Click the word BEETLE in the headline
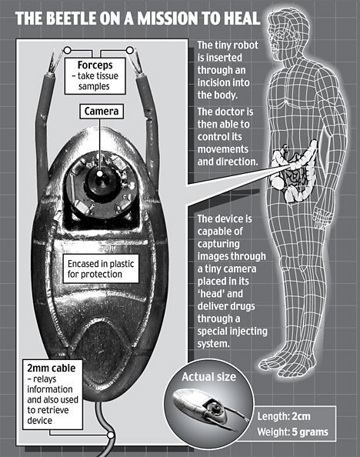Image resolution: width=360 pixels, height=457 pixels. click(x=71, y=18)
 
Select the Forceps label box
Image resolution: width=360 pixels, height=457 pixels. click(x=95, y=75)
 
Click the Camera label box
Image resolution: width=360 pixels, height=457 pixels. click(x=102, y=111)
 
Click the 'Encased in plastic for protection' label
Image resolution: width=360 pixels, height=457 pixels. click(x=101, y=269)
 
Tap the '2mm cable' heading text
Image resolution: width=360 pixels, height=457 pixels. click(x=52, y=368)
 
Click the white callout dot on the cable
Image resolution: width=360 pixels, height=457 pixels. click(x=111, y=435)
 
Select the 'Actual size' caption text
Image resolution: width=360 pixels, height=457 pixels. click(x=208, y=377)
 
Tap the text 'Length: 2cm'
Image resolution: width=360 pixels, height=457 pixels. click(x=284, y=416)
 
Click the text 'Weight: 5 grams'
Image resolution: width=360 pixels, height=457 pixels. click(x=292, y=432)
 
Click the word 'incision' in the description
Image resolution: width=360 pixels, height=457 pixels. click(x=216, y=82)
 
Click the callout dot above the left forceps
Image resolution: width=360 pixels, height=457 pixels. click(x=68, y=51)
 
